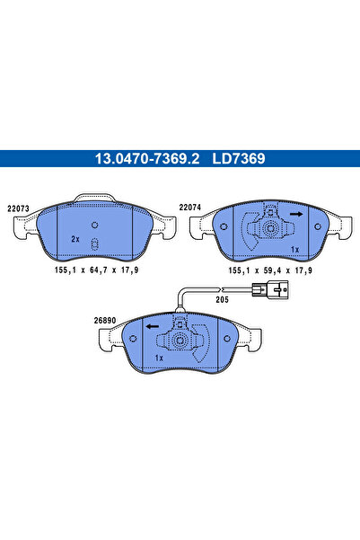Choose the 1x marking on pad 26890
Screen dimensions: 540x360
tap(159, 358)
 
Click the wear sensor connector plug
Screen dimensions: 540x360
tap(270, 290)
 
